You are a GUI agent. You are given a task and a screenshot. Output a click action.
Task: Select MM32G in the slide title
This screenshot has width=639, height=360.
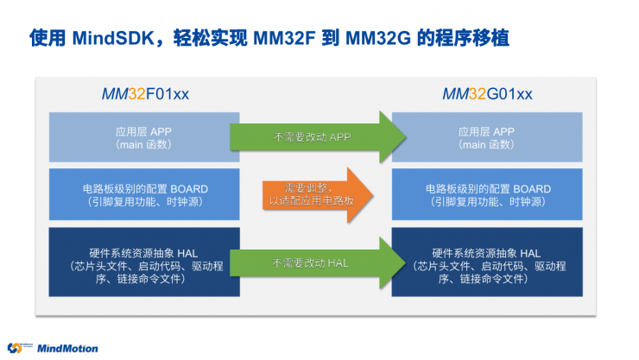[380, 38]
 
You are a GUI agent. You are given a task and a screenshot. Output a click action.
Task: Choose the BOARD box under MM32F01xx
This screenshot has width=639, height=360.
[136, 194]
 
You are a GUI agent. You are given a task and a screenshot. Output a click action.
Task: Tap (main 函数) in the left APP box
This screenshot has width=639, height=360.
[136, 145]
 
